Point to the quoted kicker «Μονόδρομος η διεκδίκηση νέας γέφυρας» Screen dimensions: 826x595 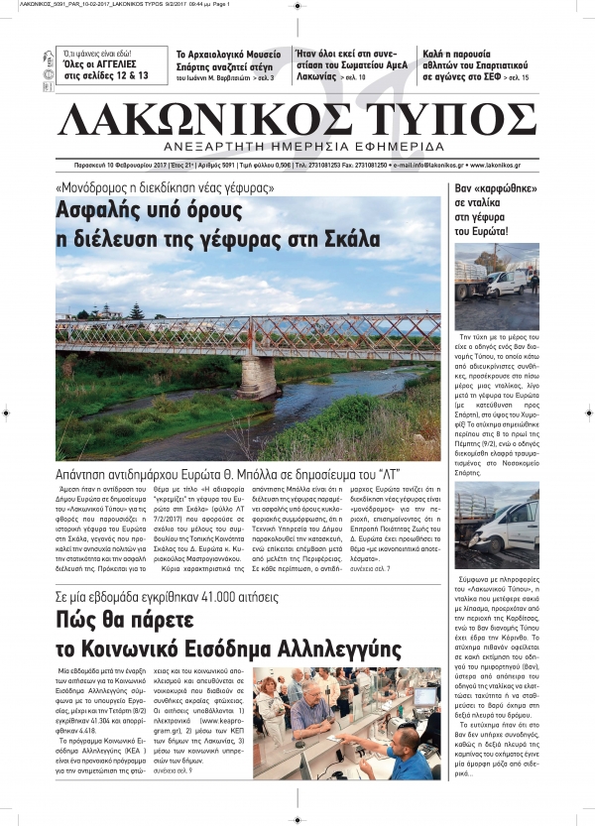[165, 187]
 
